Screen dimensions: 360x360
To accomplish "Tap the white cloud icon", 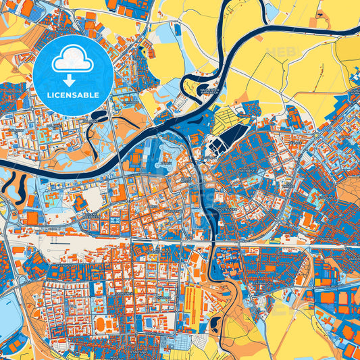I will pyautogui.click(x=73, y=60).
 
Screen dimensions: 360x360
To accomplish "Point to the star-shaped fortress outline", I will pyautogui.click(x=165, y=157).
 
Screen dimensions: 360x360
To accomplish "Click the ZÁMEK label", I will pyautogui.click(x=165, y=163).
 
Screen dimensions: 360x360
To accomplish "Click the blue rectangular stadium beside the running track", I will pyautogui.click(x=146, y=322).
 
